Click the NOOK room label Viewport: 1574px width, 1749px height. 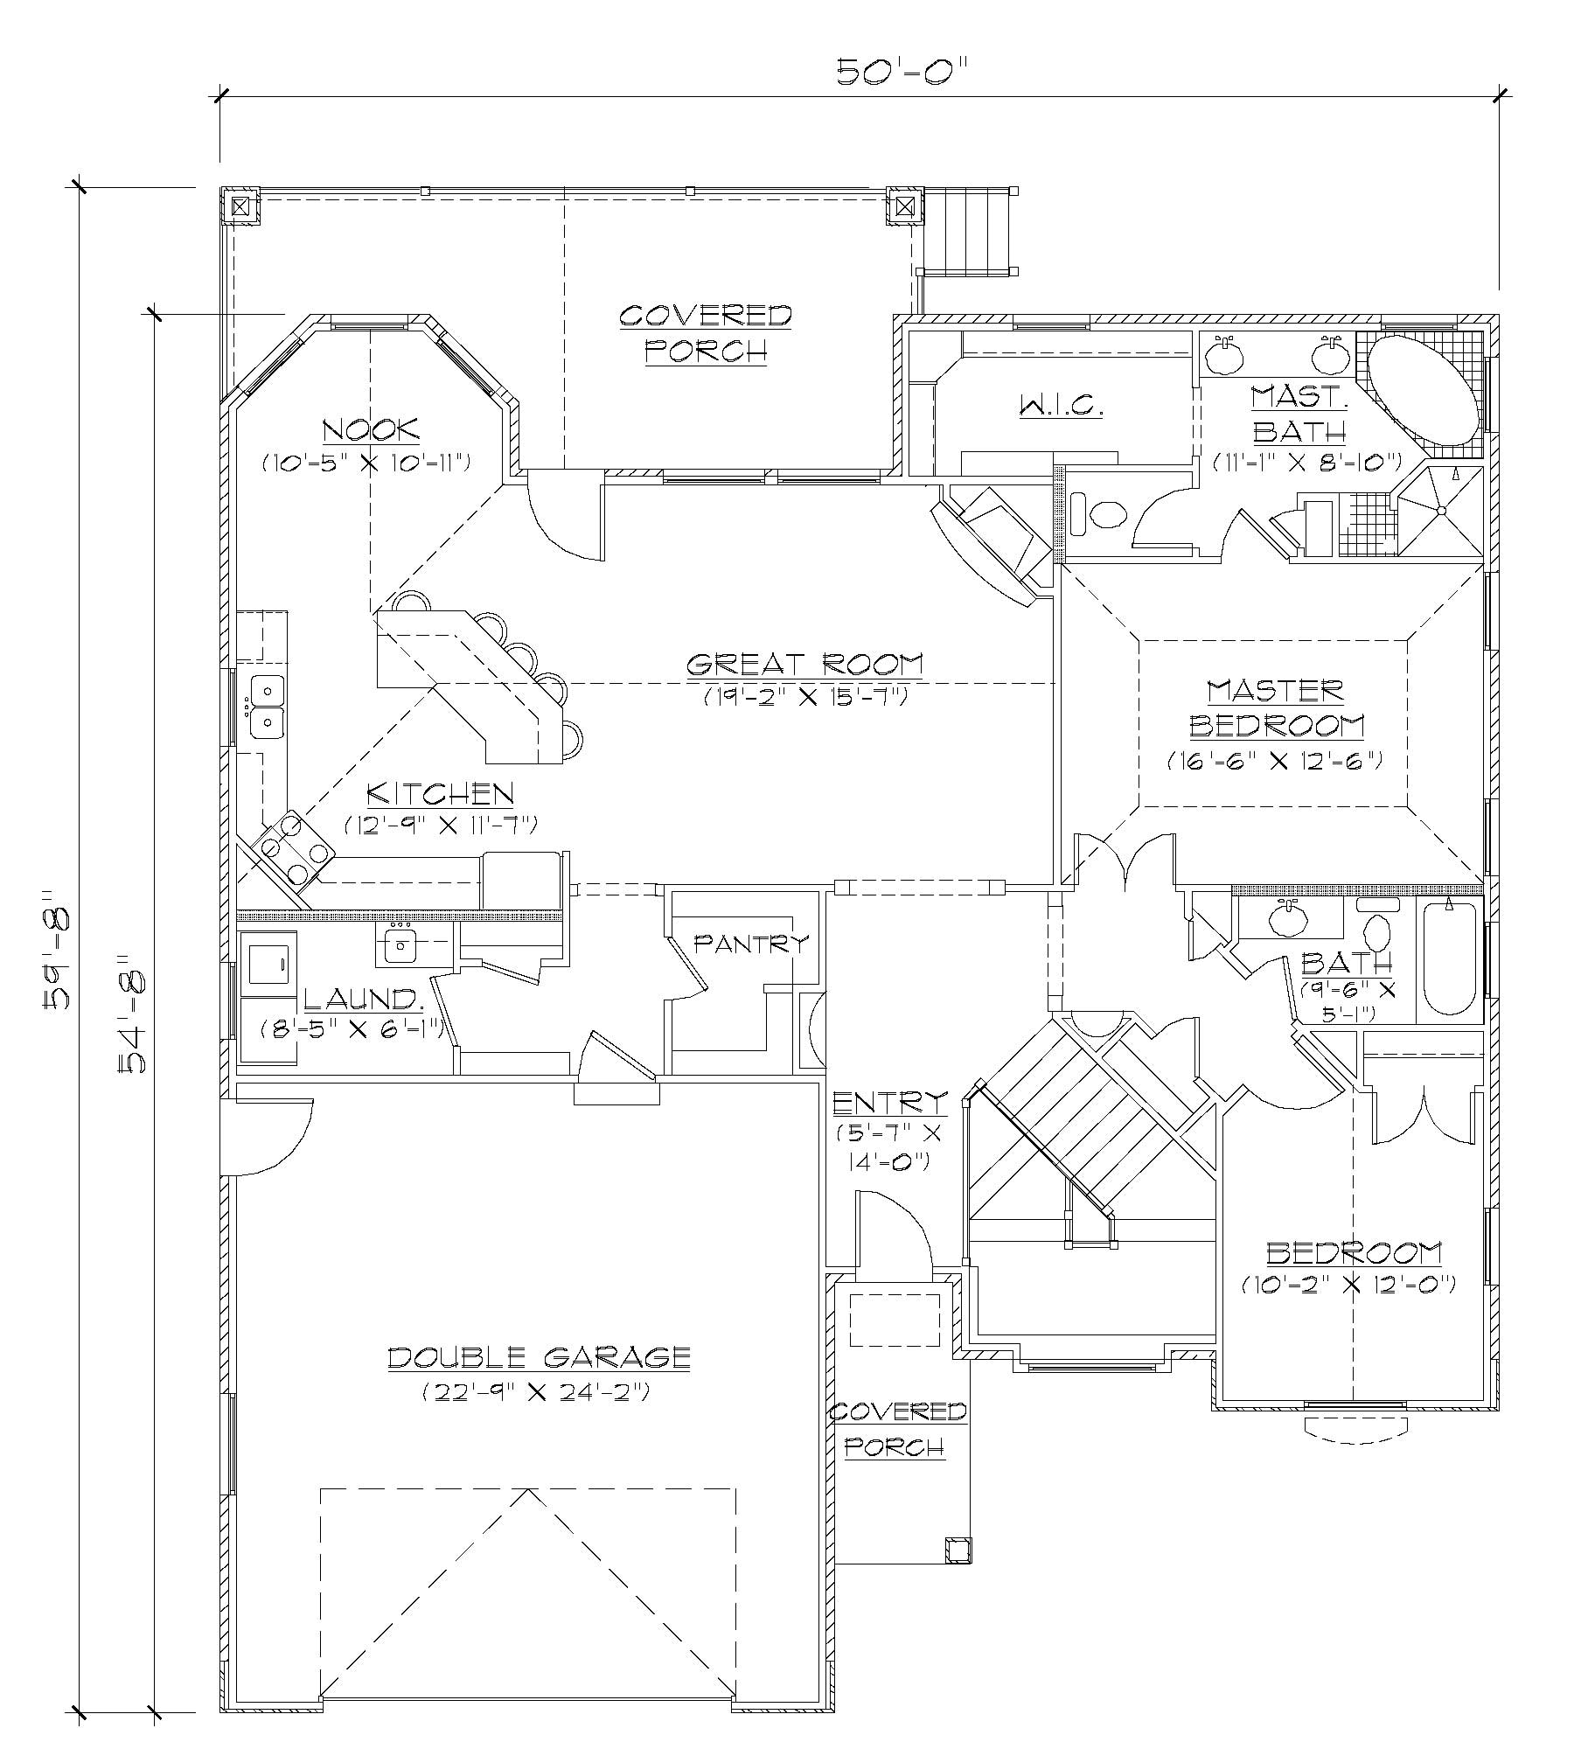point(371,429)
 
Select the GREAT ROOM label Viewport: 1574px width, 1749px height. point(804,664)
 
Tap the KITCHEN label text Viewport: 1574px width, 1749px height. point(439,793)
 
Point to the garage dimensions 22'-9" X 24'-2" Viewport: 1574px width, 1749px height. point(537,1391)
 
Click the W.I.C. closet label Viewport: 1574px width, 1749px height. point(1061,405)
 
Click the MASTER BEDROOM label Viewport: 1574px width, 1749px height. point(1275,707)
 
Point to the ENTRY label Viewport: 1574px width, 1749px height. point(889,1102)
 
